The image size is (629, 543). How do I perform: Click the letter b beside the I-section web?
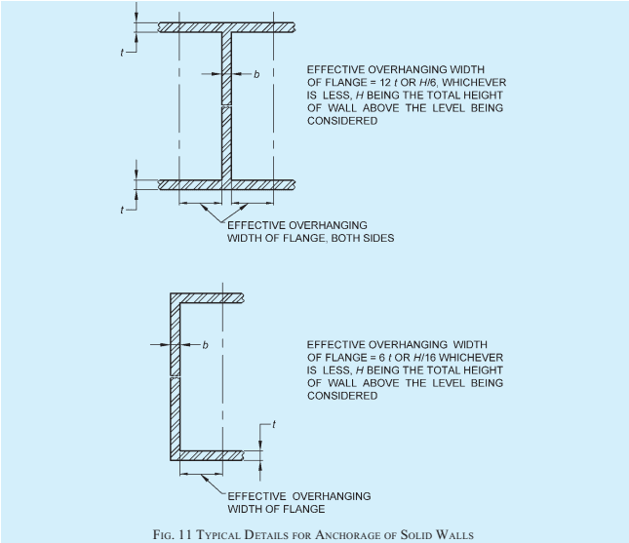(256, 74)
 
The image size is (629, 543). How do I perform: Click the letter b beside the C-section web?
(206, 345)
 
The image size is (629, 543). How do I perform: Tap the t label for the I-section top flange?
(122, 53)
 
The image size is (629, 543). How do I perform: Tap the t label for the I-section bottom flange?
(122, 210)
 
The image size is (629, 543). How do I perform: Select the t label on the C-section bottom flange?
(274, 424)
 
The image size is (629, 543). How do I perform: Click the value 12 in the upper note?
(385, 83)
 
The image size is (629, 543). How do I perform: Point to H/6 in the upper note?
(427, 83)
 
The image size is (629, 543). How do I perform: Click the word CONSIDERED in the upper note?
(342, 121)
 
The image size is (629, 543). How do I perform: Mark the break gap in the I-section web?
(226, 106)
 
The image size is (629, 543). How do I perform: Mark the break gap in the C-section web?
(176, 376)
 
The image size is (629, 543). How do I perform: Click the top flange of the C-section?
(207, 298)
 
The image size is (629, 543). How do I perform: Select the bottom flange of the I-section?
(226, 184)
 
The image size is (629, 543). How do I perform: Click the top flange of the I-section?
(226, 27)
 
